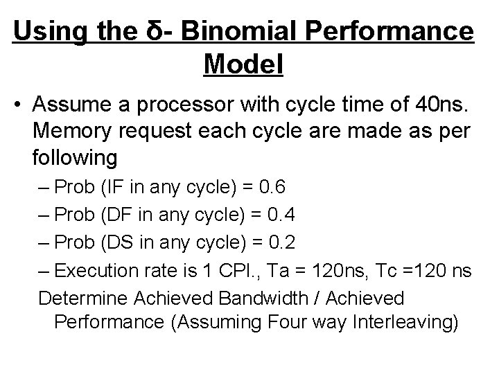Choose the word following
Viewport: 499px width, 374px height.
[74, 157]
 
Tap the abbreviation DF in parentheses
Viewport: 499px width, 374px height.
[114, 216]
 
